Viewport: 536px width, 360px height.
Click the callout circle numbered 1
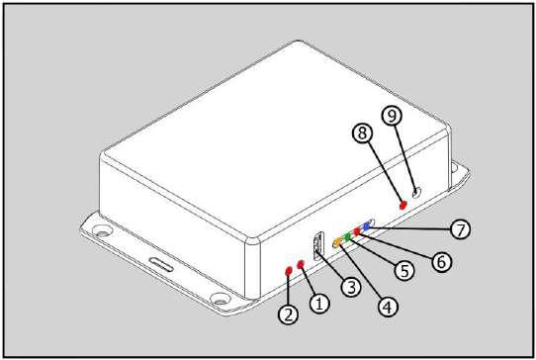319,303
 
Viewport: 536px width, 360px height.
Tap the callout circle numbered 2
289,314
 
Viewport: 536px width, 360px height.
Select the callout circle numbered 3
351,286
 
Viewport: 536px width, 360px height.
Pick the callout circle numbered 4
388,307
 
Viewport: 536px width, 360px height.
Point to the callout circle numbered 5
404,270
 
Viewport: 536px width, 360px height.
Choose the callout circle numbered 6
441,261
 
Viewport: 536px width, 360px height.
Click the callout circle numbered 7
461,228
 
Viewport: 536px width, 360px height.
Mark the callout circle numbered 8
363,133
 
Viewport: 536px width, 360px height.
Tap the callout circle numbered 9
392,115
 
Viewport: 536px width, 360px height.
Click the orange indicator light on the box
337,242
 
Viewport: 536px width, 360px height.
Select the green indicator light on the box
348,236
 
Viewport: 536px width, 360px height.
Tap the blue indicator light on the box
367,225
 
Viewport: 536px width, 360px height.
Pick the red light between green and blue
357,231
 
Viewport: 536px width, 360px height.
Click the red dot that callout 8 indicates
403,205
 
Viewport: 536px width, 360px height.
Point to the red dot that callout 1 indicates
301,264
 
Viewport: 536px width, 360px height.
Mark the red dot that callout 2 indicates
289,271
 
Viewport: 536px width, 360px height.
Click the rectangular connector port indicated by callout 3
317,246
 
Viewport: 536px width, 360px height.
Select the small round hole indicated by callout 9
416,193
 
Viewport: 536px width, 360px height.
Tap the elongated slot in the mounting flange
161,265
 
